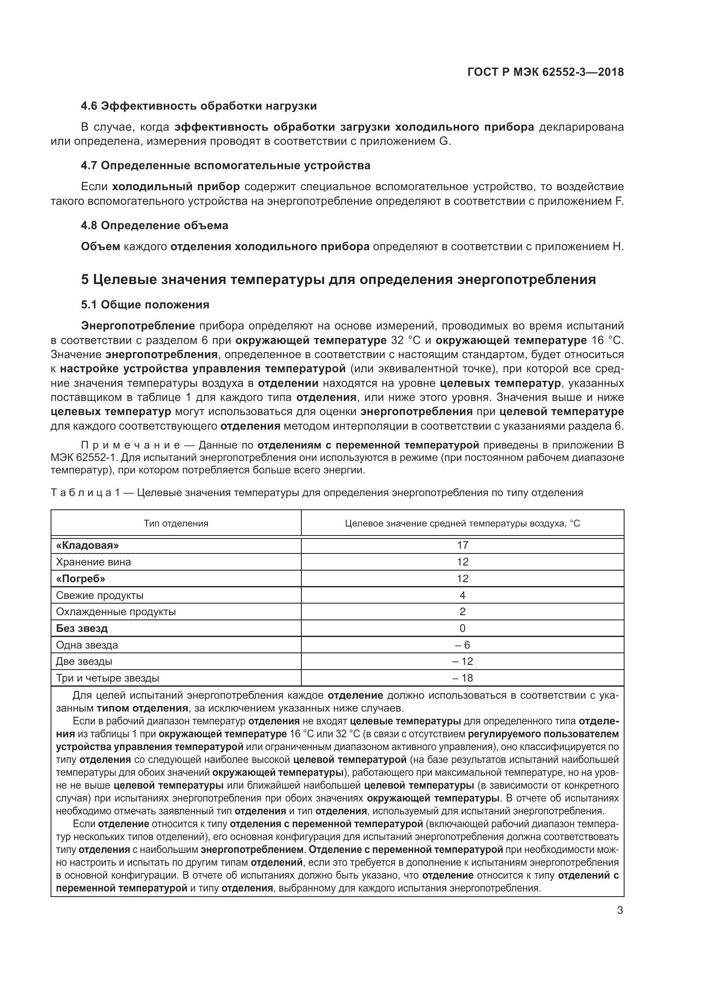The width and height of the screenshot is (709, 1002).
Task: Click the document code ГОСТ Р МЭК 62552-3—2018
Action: [545, 72]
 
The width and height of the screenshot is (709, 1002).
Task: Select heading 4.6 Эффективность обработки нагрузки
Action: [198, 106]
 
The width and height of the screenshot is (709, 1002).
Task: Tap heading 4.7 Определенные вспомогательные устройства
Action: [225, 166]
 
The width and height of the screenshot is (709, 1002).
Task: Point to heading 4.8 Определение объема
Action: [155, 226]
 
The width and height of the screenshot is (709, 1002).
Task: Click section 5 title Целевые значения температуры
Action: [338, 279]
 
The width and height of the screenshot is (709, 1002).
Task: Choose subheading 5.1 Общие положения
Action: [145, 305]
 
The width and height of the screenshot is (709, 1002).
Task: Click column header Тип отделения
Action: [176, 523]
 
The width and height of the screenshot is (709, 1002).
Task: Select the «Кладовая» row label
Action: [87, 545]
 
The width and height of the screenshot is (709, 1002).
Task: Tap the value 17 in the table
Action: [463, 545]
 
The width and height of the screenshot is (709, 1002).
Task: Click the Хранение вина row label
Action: [93, 562]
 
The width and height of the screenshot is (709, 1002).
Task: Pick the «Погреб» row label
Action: [81, 579]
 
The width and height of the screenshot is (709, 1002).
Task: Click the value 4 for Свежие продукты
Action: [463, 595]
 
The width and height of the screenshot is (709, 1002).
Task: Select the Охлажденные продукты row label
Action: [116, 612]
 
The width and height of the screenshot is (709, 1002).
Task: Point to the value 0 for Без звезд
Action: [463, 628]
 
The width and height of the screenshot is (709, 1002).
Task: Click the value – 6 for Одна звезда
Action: [463, 645]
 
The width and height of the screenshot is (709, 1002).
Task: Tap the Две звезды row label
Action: [84, 661]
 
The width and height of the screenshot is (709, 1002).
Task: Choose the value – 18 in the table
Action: [463, 678]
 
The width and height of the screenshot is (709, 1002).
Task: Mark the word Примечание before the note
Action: [131, 445]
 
